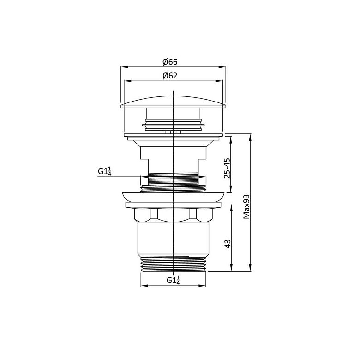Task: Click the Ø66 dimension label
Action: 170,62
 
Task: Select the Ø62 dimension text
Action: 170,76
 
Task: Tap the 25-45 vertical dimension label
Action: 227,168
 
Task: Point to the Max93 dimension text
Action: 246,207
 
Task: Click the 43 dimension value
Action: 227,244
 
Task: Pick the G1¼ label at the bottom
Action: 173,280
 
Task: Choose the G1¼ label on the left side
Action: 104,171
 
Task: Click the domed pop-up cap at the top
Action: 174,102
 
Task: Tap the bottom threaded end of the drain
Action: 174,264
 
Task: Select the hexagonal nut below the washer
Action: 174,215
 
